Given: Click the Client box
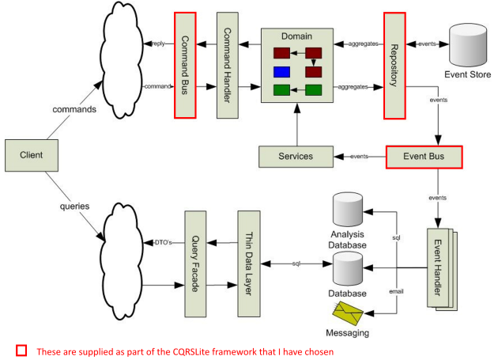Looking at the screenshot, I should [31, 155].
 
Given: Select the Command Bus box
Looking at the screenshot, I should [184, 65].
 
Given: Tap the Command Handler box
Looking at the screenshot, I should [228, 65].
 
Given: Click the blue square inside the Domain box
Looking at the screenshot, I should [282, 72].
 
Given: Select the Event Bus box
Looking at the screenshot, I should [423, 157].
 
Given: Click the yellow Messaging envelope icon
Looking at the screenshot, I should [348, 310].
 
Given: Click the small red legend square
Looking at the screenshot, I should [21, 350].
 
